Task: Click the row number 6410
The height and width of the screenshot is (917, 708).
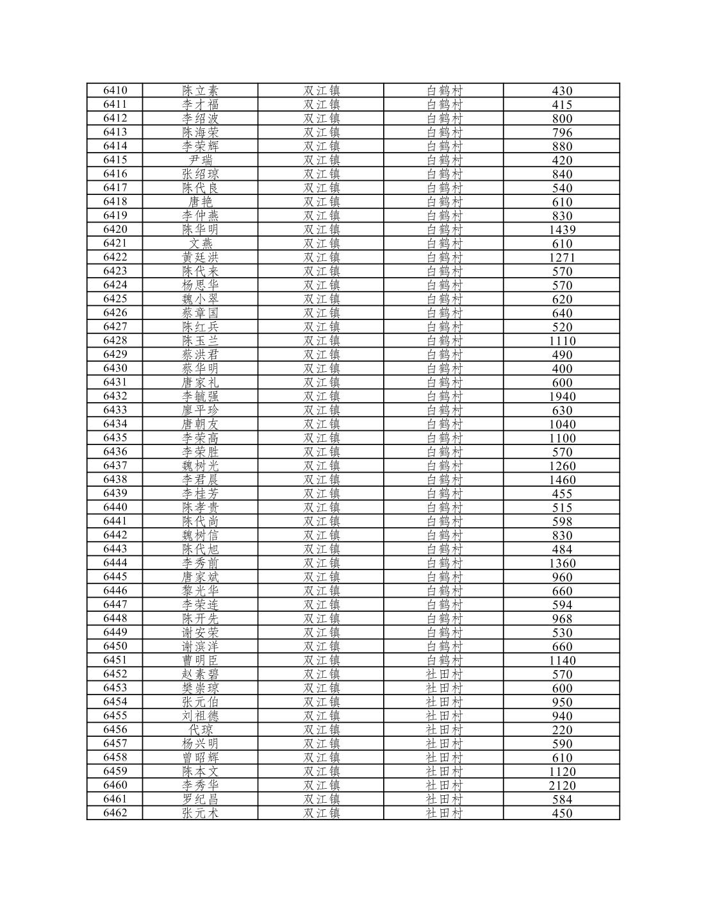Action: pyautogui.click(x=115, y=90)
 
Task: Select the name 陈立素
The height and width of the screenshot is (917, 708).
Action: pyautogui.click(x=200, y=91)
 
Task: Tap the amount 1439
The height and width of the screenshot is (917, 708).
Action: pyautogui.click(x=562, y=230)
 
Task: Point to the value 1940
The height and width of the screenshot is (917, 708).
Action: pyautogui.click(x=562, y=396)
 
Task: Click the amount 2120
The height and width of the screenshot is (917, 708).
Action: pyautogui.click(x=562, y=786)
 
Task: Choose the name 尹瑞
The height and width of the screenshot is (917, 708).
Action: pyautogui.click(x=200, y=160)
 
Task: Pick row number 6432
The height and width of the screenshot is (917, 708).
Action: pyautogui.click(x=115, y=396)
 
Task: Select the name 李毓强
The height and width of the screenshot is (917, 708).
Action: pyautogui.click(x=200, y=396)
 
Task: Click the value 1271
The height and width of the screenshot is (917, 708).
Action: pyautogui.click(x=562, y=258)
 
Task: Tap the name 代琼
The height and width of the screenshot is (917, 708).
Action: pyautogui.click(x=200, y=730)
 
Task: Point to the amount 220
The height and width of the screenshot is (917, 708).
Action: pyautogui.click(x=562, y=730)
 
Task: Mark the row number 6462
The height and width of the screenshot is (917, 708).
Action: pyautogui.click(x=115, y=812)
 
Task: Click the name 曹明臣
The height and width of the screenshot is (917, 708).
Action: pyautogui.click(x=200, y=660)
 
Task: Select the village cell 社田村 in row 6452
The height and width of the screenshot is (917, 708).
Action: pyautogui.click(x=444, y=674)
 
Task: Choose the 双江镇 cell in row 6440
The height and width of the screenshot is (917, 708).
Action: pyautogui.click(x=321, y=507)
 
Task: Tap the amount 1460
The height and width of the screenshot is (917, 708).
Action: pyautogui.click(x=562, y=480)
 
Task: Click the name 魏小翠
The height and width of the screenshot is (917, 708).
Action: pyautogui.click(x=200, y=299)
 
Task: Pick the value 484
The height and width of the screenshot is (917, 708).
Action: pyautogui.click(x=562, y=549)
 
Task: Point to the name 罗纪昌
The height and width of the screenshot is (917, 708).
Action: pyautogui.click(x=200, y=799)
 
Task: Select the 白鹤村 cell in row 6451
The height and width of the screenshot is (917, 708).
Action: pyautogui.click(x=444, y=660)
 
